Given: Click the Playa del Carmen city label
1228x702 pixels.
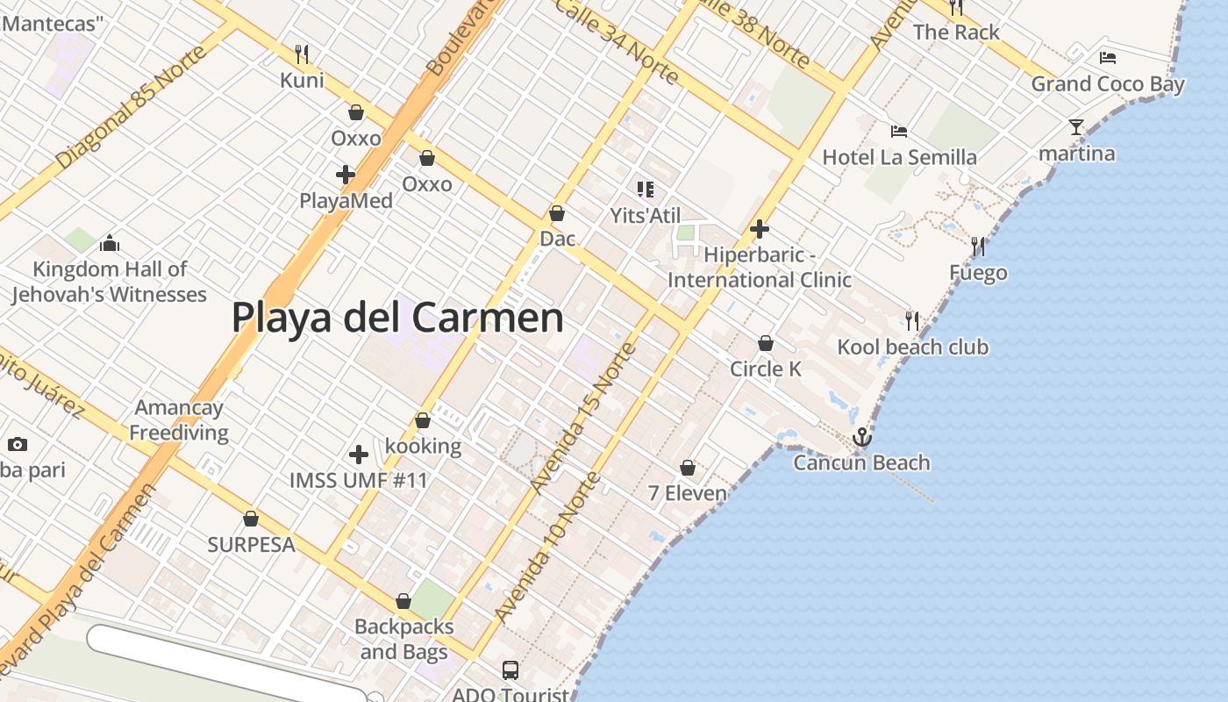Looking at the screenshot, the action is tap(397, 317).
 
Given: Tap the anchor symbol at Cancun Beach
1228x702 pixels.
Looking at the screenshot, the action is tap(862, 436).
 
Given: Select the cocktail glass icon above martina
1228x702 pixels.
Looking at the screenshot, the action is tap(1076, 127).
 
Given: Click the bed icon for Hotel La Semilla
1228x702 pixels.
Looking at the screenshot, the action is tap(899, 132).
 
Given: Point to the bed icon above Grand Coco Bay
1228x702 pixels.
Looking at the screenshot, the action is tap(1108, 58).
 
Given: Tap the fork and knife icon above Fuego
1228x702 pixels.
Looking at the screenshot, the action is tap(977, 247).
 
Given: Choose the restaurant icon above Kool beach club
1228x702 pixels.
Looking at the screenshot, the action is tap(912, 320).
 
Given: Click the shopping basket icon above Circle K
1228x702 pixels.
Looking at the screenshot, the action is tap(766, 343).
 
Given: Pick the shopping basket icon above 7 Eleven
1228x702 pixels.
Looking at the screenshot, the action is tap(688, 468).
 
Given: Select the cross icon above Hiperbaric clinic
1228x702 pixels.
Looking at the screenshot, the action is tap(760, 230).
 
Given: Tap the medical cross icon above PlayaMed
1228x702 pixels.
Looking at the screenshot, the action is tap(346, 175).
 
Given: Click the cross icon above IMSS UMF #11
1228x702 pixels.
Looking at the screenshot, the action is tap(359, 455).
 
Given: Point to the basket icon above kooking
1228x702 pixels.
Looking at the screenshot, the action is tap(423, 420).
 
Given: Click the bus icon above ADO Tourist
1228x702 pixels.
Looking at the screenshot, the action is tap(510, 670).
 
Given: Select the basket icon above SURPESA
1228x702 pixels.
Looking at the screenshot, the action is tap(251, 519).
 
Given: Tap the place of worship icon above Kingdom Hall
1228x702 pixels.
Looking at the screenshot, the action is tap(110, 243).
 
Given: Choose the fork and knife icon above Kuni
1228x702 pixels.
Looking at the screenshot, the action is tap(302, 54).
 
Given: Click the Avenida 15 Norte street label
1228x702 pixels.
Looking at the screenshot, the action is tap(583, 418).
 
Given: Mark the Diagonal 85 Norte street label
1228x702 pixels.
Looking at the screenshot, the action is tap(132, 107).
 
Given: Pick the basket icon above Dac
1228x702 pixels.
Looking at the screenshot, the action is tap(557, 213).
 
